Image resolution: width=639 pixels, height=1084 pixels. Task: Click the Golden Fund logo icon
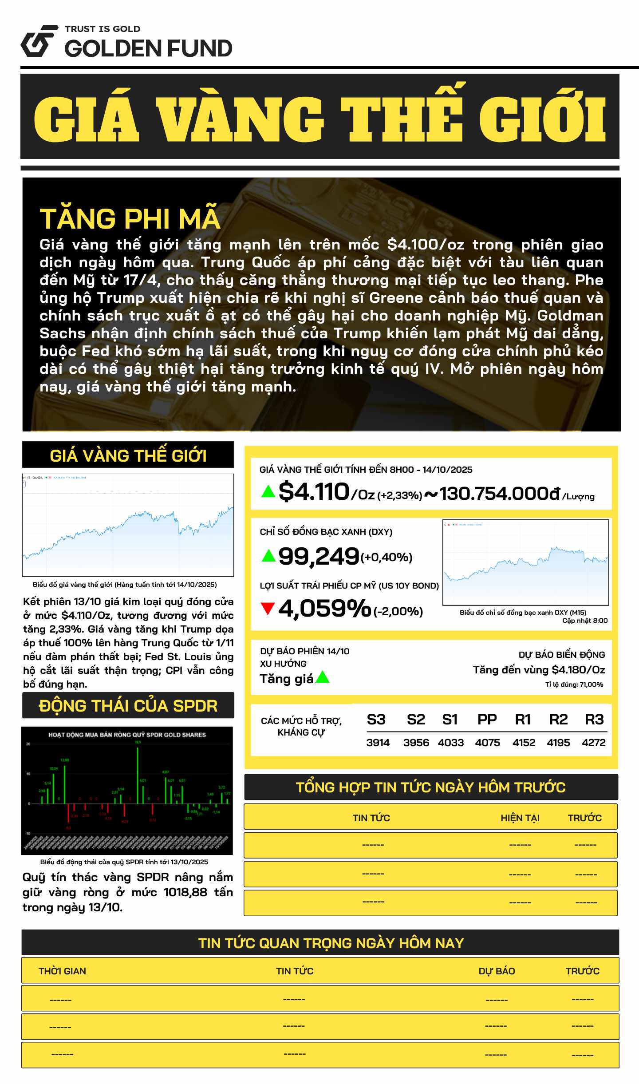(x=39, y=41)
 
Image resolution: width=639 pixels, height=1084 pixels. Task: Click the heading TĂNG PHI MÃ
(x=130, y=218)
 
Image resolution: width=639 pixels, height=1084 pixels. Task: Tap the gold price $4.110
(x=314, y=492)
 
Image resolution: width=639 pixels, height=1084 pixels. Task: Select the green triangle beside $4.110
(x=268, y=491)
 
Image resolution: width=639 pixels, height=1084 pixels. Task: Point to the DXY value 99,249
(x=319, y=556)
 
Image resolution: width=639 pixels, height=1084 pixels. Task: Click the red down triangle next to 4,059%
(x=268, y=608)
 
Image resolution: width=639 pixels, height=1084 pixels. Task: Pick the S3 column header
(x=376, y=720)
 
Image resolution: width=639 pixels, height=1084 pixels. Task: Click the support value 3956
(x=416, y=743)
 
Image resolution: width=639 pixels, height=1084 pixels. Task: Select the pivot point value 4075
(x=487, y=743)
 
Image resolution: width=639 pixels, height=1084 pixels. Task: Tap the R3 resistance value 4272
(x=593, y=743)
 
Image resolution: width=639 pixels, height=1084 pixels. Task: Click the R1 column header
(x=523, y=720)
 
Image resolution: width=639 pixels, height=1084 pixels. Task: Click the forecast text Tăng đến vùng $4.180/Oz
(x=539, y=670)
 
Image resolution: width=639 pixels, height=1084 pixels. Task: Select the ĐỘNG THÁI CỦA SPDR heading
(x=128, y=706)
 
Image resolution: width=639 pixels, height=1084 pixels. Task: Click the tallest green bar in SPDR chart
(x=138, y=775)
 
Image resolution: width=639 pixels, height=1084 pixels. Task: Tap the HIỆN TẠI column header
(x=520, y=818)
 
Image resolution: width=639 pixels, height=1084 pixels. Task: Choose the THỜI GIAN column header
(x=62, y=971)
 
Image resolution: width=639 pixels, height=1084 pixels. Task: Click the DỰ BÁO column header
(x=497, y=971)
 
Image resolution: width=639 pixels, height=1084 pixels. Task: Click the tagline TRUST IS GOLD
(x=103, y=29)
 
